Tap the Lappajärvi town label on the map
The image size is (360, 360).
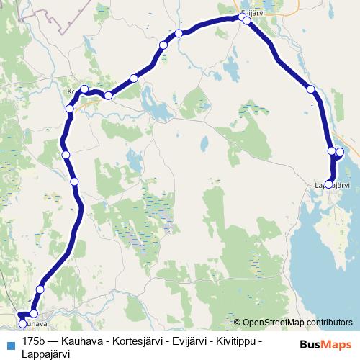coord(331,186)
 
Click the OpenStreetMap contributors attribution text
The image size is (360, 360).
coord(297,323)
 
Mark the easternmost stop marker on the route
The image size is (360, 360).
coord(340,153)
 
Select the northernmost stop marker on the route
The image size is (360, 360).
coord(243,17)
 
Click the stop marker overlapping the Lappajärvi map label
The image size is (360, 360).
coord(329,184)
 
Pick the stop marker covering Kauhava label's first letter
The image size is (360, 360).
coord(22,315)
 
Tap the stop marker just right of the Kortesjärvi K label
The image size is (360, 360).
coord(84,89)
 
